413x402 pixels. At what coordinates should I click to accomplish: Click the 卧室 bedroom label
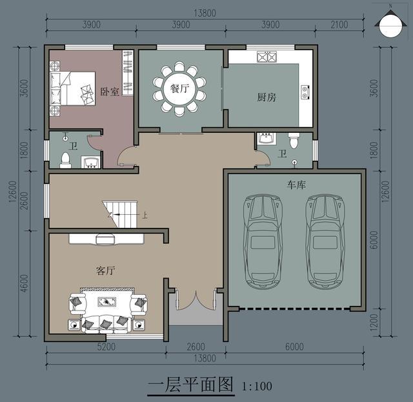click(110, 92)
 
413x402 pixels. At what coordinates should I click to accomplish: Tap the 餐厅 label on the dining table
click(179, 89)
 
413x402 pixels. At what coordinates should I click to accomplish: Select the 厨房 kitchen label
click(267, 97)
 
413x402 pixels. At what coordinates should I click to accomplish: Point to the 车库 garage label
click(296, 185)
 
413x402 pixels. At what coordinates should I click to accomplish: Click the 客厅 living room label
click(105, 271)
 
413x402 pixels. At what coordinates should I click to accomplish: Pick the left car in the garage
click(263, 241)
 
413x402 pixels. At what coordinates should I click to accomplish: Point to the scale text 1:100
click(257, 387)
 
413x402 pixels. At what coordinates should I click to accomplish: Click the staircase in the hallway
click(121, 214)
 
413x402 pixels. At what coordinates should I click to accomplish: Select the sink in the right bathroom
click(265, 139)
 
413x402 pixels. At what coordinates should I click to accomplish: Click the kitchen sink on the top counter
click(266, 57)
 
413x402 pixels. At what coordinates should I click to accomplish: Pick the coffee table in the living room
click(107, 301)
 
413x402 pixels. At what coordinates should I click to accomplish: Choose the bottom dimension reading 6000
click(294, 347)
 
